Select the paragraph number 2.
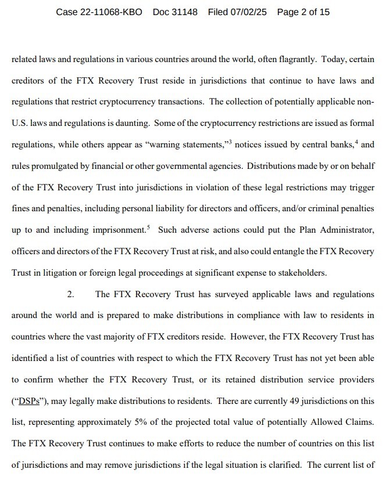[70, 295]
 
